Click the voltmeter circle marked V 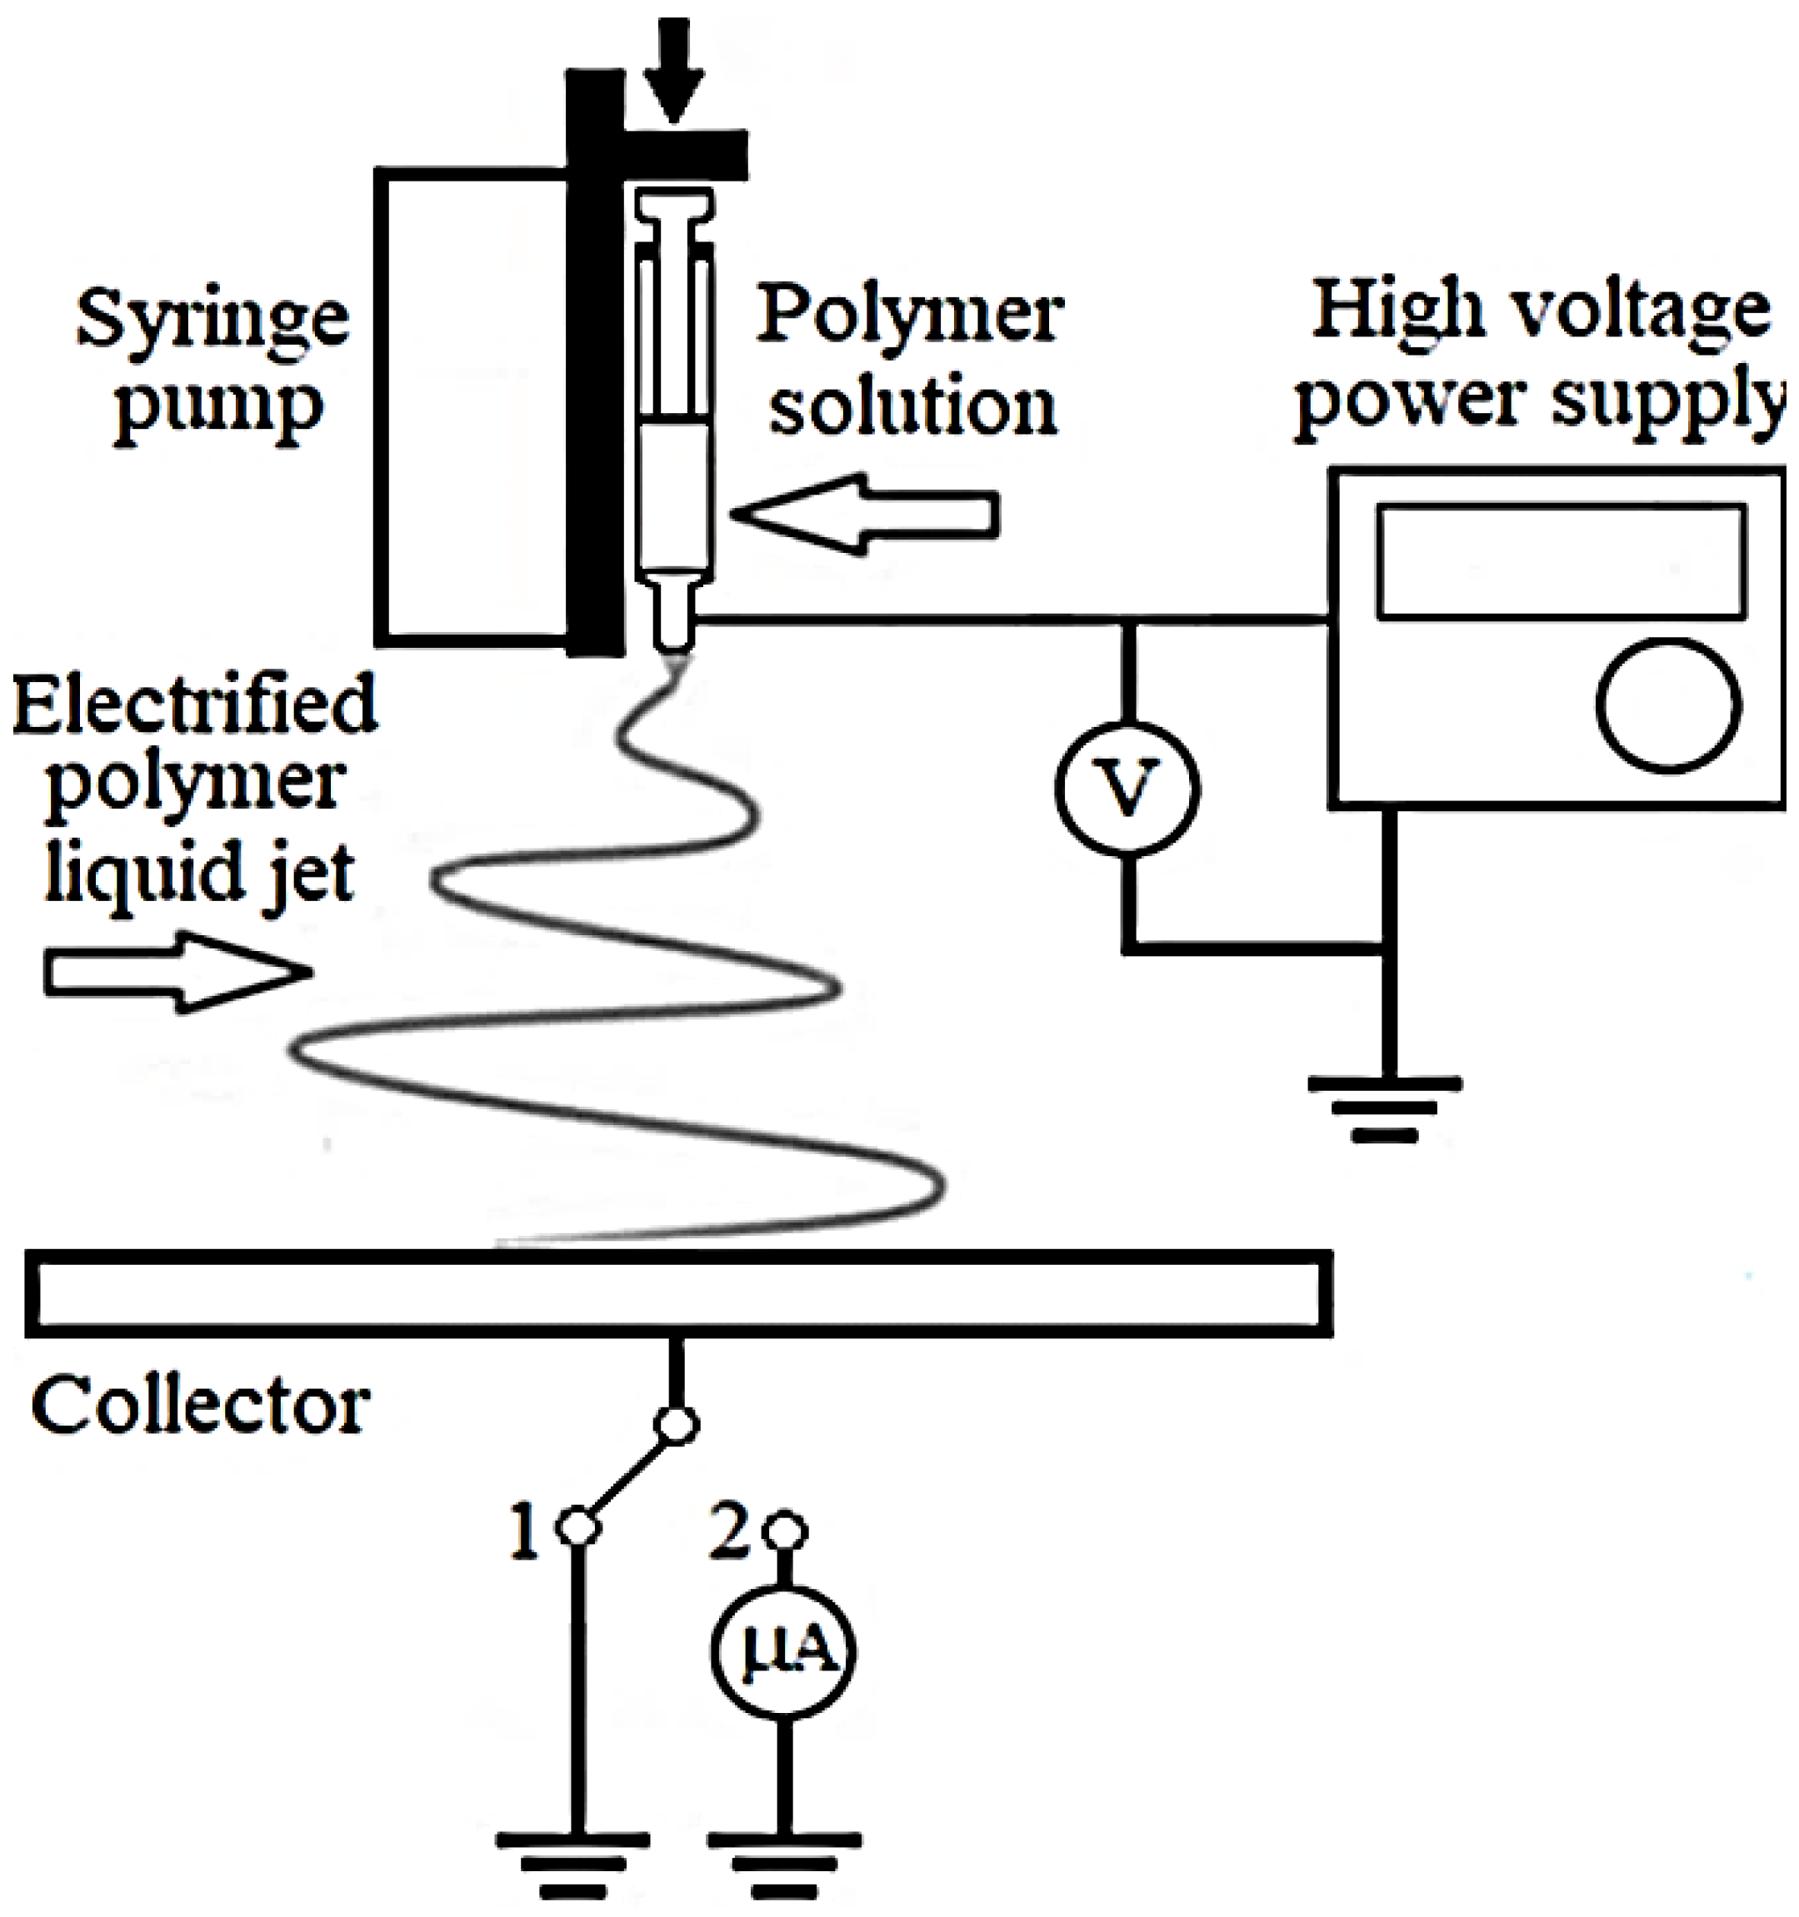1127,789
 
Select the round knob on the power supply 1668,706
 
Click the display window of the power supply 1561,561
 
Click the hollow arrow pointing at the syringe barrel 863,514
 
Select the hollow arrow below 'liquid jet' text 178,972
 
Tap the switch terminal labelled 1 579,1527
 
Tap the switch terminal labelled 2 785,1531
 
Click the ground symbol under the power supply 1385,1109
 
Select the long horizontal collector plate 678,1294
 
